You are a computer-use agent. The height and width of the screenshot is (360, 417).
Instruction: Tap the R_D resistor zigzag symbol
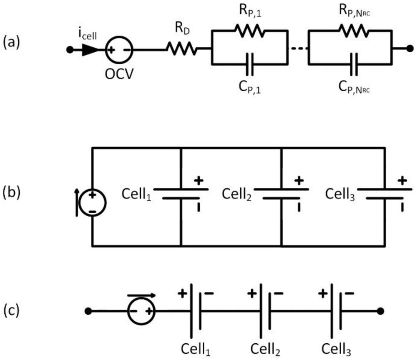tap(181, 50)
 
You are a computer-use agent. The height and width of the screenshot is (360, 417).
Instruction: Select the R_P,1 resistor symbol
tap(250, 31)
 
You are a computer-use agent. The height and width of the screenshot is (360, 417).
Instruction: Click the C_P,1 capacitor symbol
tap(250, 64)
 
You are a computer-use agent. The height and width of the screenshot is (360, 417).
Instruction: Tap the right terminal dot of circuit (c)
tap(380, 311)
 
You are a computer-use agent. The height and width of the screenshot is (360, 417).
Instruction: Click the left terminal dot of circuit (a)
tap(70, 50)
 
